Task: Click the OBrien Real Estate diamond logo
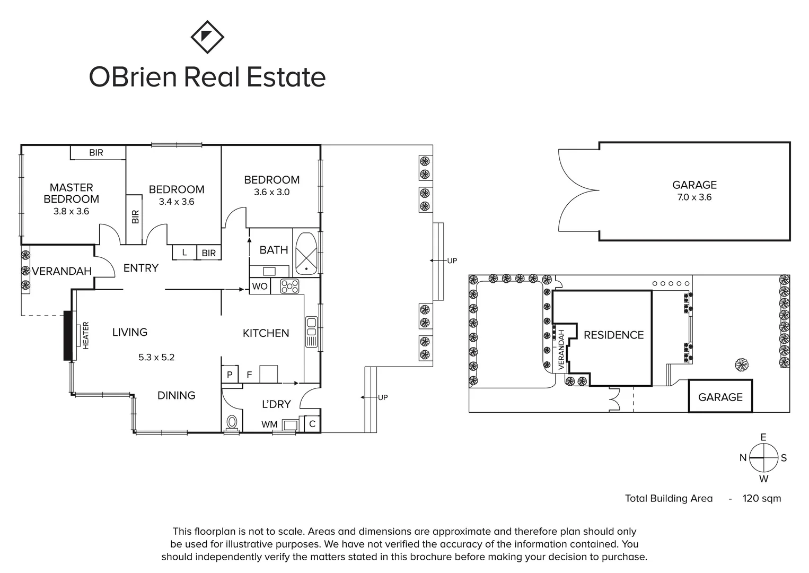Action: tap(207, 37)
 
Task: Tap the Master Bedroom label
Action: tap(71, 193)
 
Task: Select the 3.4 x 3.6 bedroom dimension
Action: tap(176, 202)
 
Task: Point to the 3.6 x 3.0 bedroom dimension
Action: tap(271, 192)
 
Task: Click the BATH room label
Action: tap(274, 250)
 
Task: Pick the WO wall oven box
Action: tap(260, 286)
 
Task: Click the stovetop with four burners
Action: tap(290, 286)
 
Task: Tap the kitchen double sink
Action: tap(311, 332)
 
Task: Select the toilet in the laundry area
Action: tap(232, 423)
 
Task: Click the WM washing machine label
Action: tap(269, 424)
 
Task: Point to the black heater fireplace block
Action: tap(68, 336)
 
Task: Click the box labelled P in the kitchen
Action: tap(230, 375)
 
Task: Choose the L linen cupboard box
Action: tap(184, 253)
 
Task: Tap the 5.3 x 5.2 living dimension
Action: tap(156, 357)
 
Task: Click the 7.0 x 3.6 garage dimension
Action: tap(694, 197)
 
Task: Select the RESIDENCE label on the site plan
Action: tap(613, 335)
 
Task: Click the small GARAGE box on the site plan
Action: tap(720, 396)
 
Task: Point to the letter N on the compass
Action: tap(743, 458)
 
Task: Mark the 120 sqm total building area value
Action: tap(761, 498)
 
